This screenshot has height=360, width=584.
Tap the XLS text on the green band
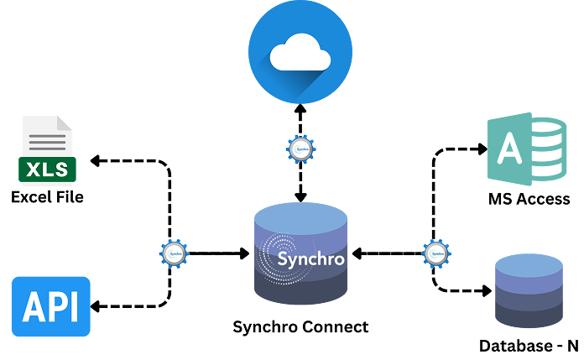click(x=48, y=170)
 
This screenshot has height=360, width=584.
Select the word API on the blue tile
click(x=50, y=308)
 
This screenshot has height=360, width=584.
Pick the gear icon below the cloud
click(x=300, y=149)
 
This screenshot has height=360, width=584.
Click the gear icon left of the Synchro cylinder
click(x=175, y=253)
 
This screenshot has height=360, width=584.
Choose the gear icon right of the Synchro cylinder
click(x=436, y=253)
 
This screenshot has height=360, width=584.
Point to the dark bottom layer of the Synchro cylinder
click(x=300, y=290)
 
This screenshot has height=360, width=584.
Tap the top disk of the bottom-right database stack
click(x=529, y=267)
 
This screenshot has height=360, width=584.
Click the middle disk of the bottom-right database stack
click(x=529, y=293)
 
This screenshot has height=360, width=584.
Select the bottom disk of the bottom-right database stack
click(x=529, y=316)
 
